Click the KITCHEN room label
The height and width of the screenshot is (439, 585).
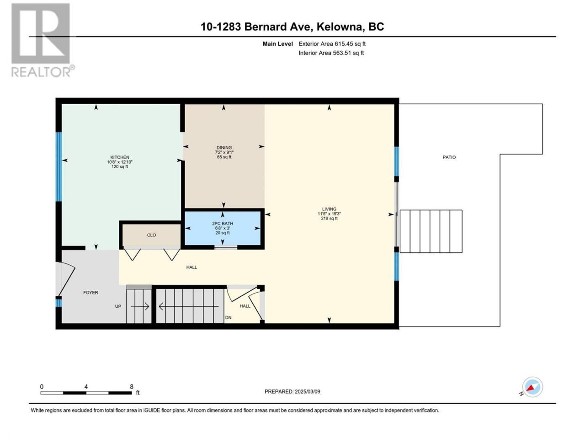120,157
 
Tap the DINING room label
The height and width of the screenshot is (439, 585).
224,147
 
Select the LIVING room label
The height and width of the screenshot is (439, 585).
329,209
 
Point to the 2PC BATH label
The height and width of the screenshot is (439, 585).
223,223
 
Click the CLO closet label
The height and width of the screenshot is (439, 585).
151,235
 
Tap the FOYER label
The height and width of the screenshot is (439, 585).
90,292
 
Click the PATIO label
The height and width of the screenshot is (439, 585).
449,157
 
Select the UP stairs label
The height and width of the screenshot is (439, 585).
118,306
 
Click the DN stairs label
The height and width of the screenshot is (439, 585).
228,317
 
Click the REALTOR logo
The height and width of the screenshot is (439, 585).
43,40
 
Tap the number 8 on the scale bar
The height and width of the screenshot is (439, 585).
131,386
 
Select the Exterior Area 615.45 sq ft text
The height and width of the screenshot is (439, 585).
332,44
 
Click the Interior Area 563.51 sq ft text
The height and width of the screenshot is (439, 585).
331,53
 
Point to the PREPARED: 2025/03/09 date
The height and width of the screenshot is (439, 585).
292,391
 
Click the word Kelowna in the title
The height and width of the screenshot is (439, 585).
340,27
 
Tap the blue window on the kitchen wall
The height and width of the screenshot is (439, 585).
58,167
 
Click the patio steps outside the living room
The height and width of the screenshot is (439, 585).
431,231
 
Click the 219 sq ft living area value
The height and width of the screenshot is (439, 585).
329,218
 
